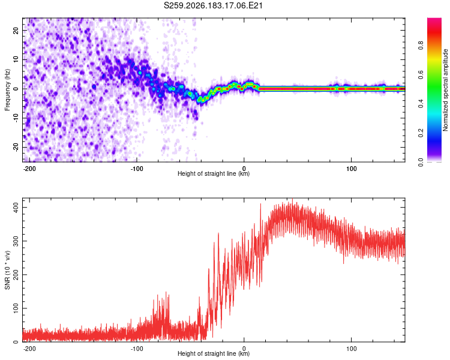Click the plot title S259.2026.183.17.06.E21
(x=213, y=5)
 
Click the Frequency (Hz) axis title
(x=7, y=90)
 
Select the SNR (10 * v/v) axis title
(x=7, y=270)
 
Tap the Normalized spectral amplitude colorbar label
(x=445, y=90)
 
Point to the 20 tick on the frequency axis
(x=16, y=30)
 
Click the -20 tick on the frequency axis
(x=16, y=148)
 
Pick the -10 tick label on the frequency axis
(x=16, y=118)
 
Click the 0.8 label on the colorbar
(x=421, y=45)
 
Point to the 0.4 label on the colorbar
(x=421, y=104)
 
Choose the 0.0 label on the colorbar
(x=421, y=162)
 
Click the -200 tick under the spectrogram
(x=29, y=169)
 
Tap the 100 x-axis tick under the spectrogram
(x=351, y=169)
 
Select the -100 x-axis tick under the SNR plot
(x=137, y=349)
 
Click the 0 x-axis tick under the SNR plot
(x=244, y=349)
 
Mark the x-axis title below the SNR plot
(x=214, y=353)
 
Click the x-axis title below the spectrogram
(x=214, y=173)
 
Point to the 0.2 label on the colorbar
(x=421, y=133)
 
